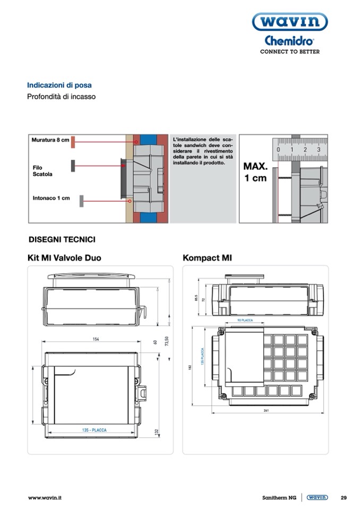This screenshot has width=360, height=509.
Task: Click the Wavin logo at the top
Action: click(289, 22)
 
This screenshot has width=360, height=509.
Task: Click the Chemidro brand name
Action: click(289, 41)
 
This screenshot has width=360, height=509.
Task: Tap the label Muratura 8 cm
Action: click(50, 140)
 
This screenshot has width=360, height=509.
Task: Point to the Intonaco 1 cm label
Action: click(51, 199)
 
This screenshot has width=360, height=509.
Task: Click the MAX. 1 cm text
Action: click(255, 172)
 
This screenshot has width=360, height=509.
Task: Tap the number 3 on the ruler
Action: click(319, 150)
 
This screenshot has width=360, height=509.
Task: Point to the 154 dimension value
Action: click(96, 339)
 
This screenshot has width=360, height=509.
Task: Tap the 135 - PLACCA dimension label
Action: click(95, 430)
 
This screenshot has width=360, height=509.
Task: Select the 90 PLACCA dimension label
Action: click(245, 321)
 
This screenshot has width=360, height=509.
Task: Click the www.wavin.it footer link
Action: click(45, 498)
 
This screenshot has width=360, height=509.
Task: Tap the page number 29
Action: click(344, 498)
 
